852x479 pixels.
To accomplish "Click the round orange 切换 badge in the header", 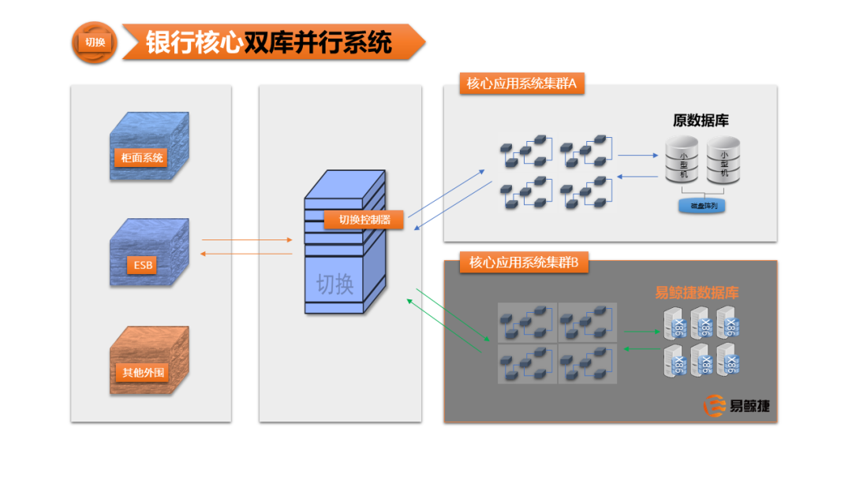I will (x=95, y=43).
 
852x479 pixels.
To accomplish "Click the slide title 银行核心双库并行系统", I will (x=268, y=43).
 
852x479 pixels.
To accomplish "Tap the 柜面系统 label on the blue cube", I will (x=143, y=158).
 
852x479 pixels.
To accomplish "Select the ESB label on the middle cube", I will (x=143, y=265).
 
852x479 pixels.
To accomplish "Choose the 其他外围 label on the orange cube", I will (x=144, y=372).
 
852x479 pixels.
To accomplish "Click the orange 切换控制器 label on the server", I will (x=364, y=220).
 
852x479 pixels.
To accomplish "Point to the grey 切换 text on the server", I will (x=335, y=284).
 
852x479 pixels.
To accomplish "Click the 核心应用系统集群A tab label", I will (x=521, y=84).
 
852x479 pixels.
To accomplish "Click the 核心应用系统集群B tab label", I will (x=524, y=262).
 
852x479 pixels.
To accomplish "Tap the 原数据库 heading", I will (x=701, y=121).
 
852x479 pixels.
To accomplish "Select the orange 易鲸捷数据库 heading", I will (x=697, y=293).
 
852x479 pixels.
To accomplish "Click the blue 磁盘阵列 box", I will (x=703, y=206).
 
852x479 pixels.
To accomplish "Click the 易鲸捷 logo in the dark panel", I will (x=737, y=407).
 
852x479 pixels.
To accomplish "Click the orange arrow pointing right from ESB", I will (x=247, y=240).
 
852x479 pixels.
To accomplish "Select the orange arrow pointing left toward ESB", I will (x=247, y=254).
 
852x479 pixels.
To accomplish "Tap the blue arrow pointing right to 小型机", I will (x=637, y=155).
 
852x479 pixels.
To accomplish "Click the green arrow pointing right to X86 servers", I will (x=641, y=332).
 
